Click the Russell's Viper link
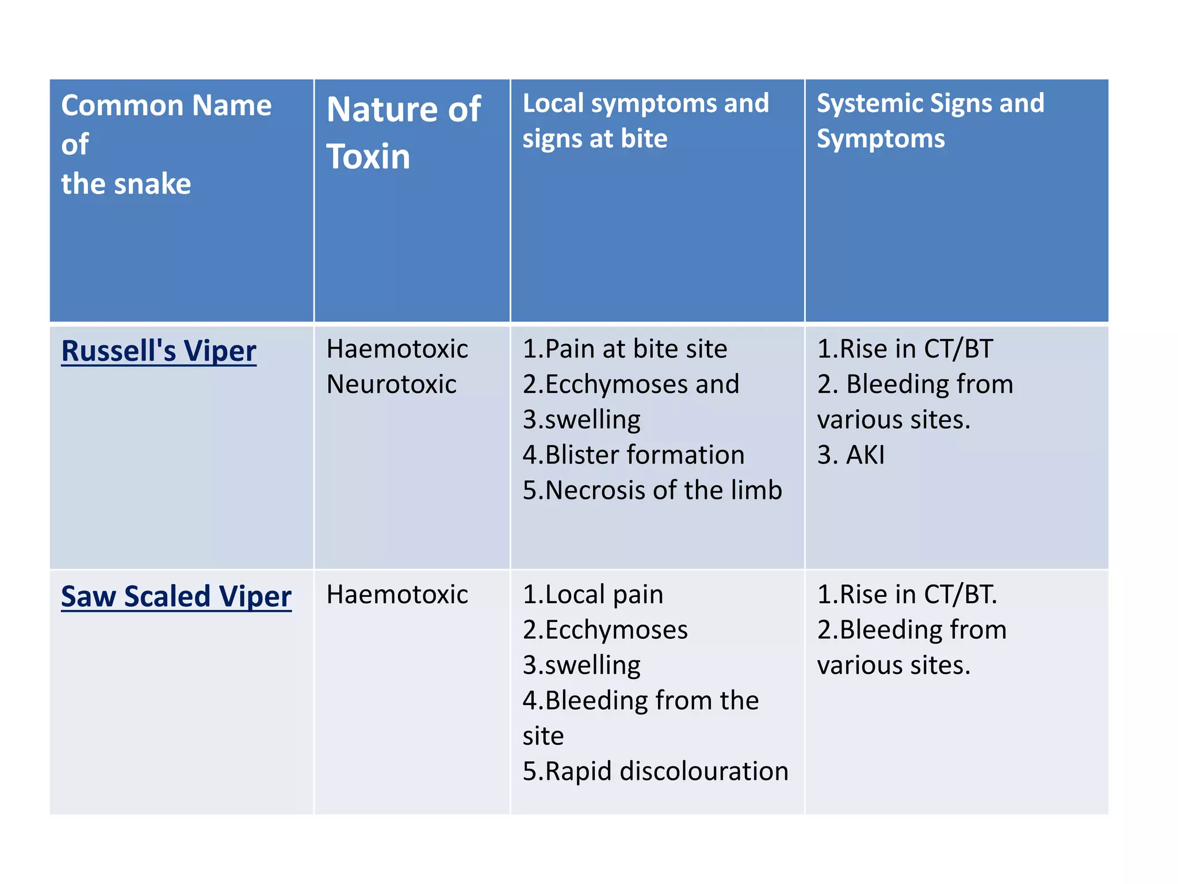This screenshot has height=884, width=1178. pos(158,350)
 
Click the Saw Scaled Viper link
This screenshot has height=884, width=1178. pos(176,596)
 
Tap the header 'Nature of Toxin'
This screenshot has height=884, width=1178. pos(403,132)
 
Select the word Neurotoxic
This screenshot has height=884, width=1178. pos(391,384)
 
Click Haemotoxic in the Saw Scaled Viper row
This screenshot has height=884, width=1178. pos(397,595)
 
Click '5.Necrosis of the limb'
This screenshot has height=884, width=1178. pos(652,490)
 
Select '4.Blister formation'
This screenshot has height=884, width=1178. pos(633,455)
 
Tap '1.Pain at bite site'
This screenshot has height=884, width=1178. pos(625,349)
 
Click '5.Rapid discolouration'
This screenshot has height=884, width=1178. pos(655,771)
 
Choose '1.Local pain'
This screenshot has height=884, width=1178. pos(592,595)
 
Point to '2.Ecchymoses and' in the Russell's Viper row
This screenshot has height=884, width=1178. pos(630,384)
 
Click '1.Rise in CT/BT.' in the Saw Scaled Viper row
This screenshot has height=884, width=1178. pos(907,595)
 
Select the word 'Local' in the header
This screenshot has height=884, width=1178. pos(553,104)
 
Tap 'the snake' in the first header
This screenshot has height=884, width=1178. pos(126,184)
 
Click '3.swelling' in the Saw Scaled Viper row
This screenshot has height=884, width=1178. pos(581,665)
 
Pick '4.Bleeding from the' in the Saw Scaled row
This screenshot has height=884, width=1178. pos(640,700)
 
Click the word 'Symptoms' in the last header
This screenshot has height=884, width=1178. pos(880,139)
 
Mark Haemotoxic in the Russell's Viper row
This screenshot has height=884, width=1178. pos(397,349)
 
